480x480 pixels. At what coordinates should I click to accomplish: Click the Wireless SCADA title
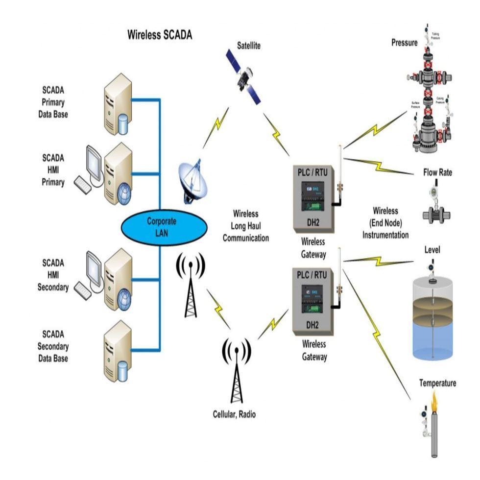160,35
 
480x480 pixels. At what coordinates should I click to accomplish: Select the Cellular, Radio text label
234,414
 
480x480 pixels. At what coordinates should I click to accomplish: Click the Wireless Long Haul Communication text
246,226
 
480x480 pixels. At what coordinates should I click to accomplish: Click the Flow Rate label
437,173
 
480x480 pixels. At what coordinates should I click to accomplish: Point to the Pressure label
404,43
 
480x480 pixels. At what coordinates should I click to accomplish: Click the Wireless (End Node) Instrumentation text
385,223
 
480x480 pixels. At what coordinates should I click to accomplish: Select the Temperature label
437,383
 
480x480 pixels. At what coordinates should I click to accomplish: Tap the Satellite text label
249,46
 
